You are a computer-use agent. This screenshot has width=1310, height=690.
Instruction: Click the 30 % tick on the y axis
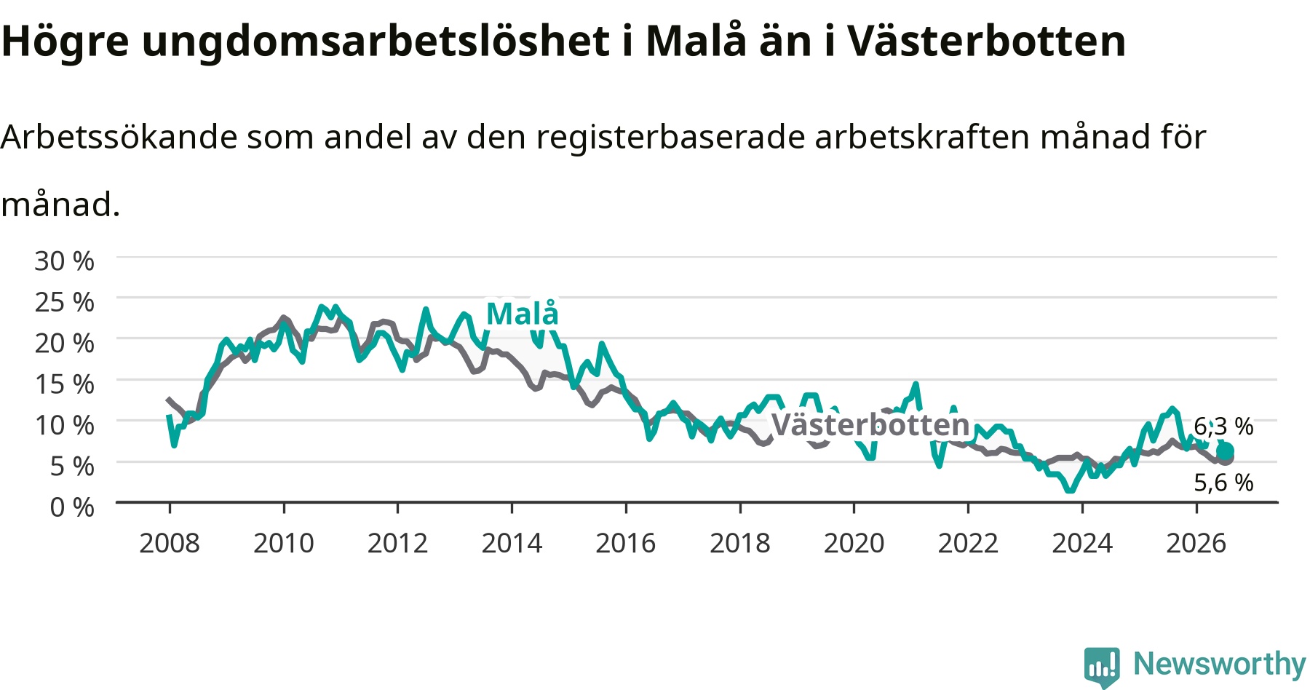tap(64, 261)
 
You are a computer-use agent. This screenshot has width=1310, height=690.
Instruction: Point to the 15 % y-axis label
tap(64, 384)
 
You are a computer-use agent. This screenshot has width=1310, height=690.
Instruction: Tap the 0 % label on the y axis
tap(72, 507)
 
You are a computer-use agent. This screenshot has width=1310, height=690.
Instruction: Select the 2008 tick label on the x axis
tap(170, 543)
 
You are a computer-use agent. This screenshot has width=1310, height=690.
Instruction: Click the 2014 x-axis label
tap(512, 543)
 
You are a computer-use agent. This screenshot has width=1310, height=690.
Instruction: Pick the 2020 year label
tap(854, 543)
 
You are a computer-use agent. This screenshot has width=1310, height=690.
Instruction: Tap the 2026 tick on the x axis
tap(1196, 543)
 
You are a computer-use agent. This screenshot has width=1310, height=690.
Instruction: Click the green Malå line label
tap(523, 314)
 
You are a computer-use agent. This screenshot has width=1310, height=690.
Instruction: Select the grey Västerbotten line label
tap(870, 424)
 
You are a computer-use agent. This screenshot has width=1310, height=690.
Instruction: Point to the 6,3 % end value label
tap(1223, 427)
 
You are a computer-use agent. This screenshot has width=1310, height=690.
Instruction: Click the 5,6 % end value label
tap(1223, 483)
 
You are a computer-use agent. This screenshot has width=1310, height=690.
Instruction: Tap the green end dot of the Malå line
tap(1226, 451)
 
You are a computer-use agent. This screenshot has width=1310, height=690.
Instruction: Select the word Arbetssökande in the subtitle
tap(119, 137)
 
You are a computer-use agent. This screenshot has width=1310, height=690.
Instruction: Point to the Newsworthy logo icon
tap(1102, 666)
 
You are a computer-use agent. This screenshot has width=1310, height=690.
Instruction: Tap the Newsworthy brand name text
tap(1220, 664)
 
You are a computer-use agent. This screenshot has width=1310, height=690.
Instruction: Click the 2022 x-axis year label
tap(968, 543)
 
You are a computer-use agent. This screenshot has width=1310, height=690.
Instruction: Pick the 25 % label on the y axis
tap(64, 302)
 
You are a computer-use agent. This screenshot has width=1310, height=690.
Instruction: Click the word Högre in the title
tap(65, 42)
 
